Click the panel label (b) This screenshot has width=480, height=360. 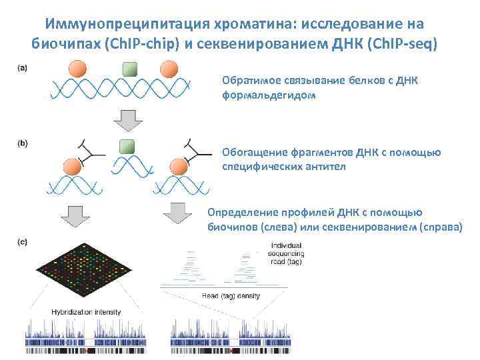pos(23,143)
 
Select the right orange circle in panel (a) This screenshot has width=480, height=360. pos(169,69)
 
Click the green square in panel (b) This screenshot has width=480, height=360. pos(125,147)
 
